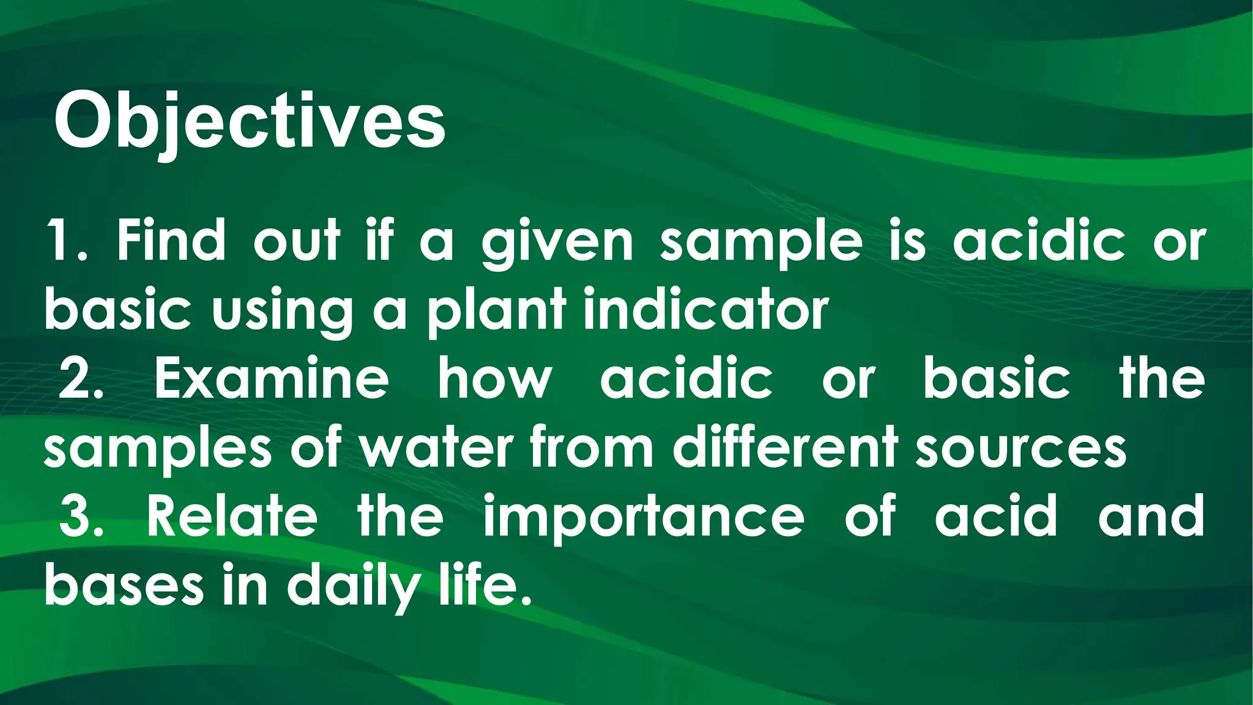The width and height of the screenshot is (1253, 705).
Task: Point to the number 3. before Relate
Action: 81,516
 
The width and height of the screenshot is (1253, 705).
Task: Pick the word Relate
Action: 232,516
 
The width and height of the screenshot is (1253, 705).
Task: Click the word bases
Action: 124,586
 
